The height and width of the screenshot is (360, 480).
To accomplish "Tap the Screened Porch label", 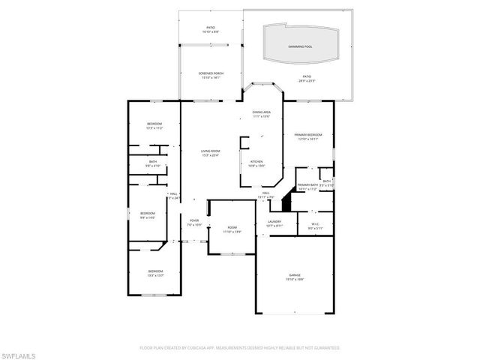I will (210, 74).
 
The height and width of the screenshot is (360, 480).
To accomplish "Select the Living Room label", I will (210, 152).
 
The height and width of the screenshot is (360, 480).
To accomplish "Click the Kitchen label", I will (256, 163).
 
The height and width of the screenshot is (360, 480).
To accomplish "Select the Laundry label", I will (274, 223).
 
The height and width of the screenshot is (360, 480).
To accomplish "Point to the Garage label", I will (295, 277).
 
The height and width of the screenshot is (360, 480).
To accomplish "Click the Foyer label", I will (193, 222).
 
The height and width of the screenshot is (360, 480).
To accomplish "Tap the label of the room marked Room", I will (232, 229).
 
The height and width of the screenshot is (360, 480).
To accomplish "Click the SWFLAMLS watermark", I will (21, 352).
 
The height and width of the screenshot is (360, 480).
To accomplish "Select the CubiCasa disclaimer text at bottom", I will (240, 347).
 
